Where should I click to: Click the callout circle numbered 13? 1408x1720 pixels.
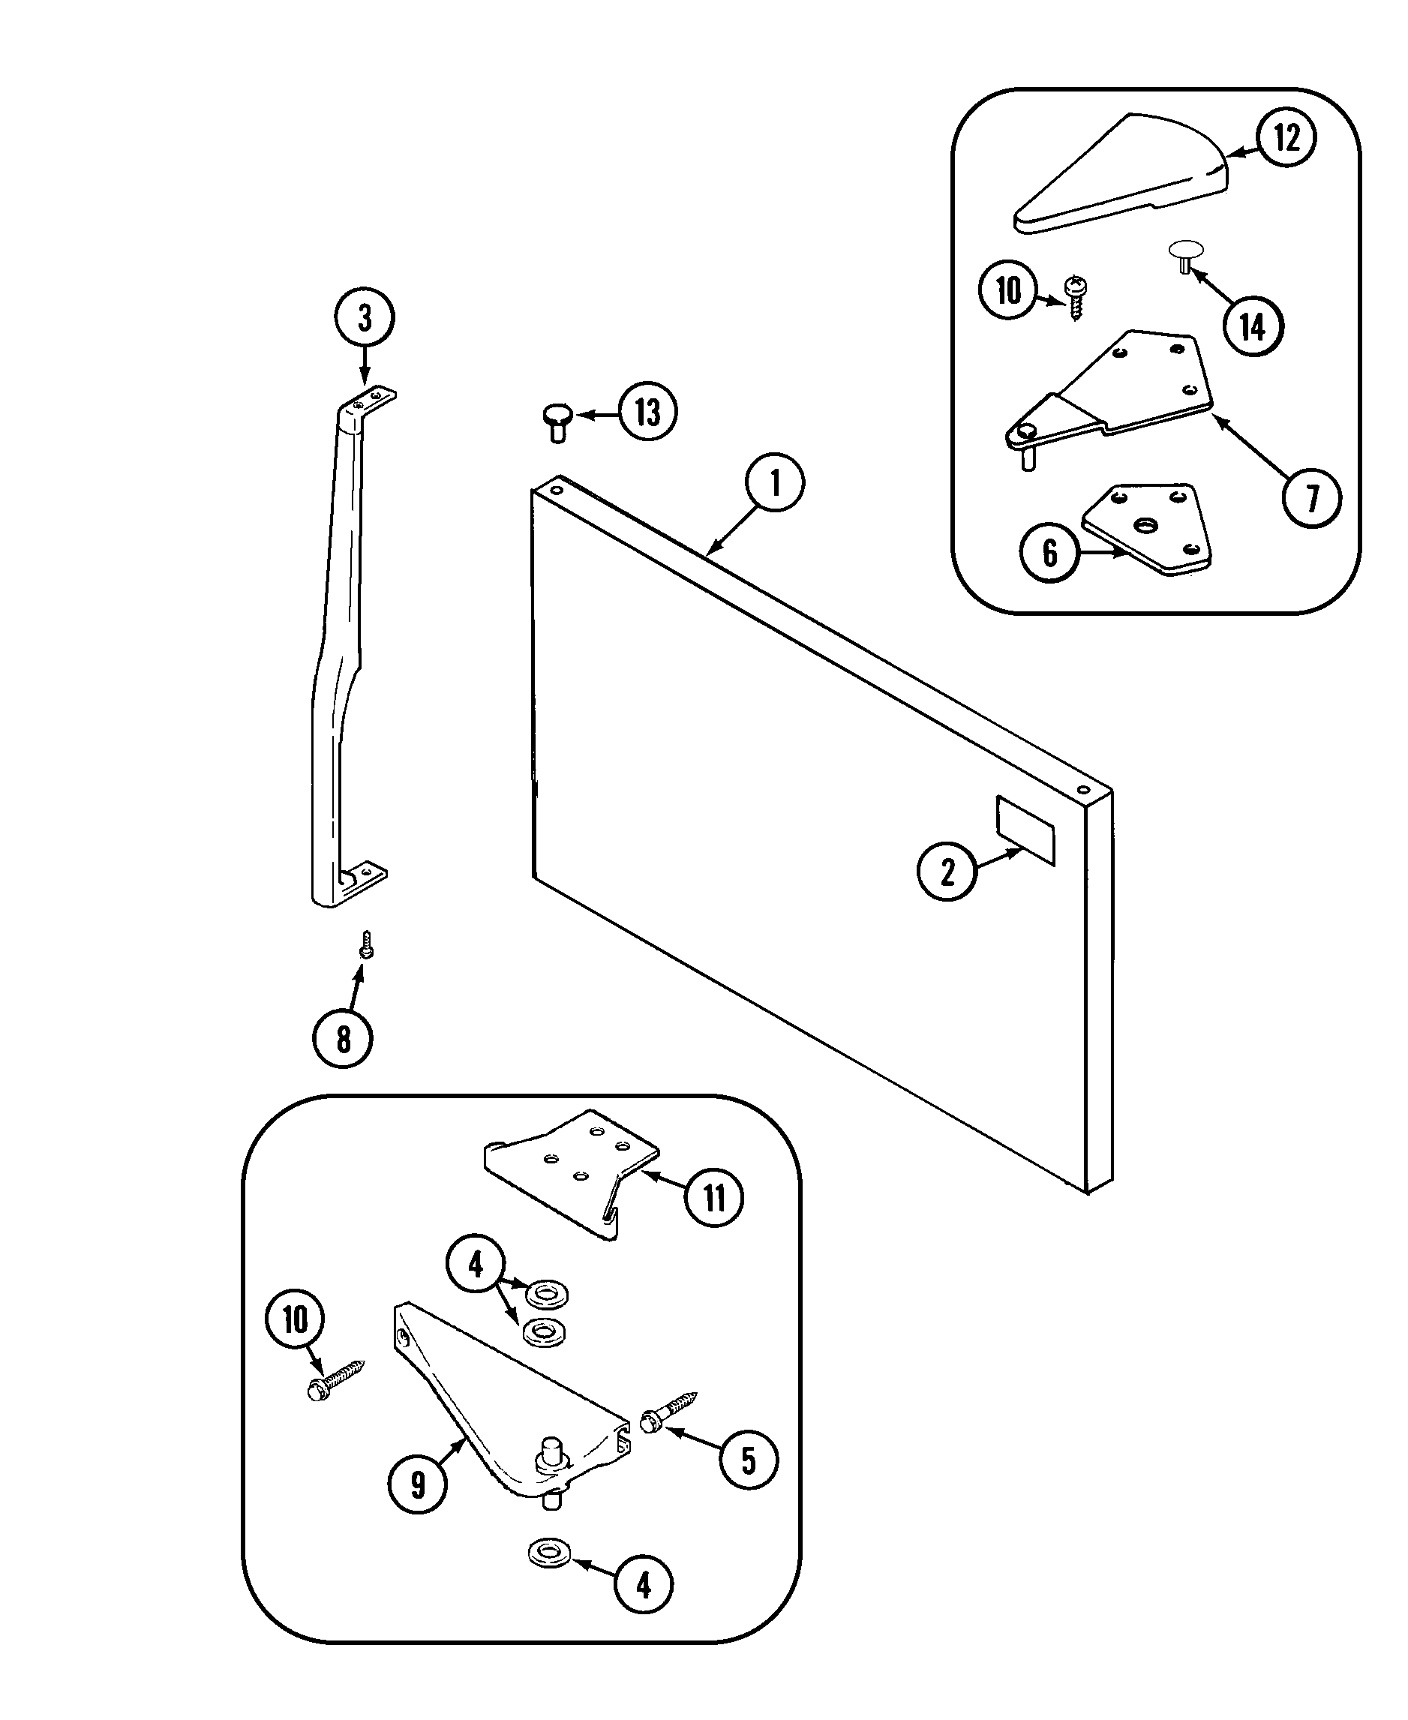pyautogui.click(x=647, y=413)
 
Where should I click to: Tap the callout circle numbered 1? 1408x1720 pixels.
pyautogui.click(x=775, y=483)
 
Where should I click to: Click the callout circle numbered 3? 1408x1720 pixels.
pyautogui.click(x=364, y=317)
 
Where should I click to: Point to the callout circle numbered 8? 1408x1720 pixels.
pyautogui.click(x=342, y=1038)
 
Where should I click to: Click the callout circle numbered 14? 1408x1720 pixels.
pyautogui.click(x=1253, y=327)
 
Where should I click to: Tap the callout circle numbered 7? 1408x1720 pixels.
pyautogui.click(x=1311, y=499)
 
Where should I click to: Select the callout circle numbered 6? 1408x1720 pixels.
pyautogui.click(x=1049, y=553)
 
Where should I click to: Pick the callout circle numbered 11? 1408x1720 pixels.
pyautogui.click(x=713, y=1197)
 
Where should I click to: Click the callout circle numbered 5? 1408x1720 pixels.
pyautogui.click(x=748, y=1460)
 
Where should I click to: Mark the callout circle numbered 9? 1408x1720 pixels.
pyautogui.click(x=417, y=1484)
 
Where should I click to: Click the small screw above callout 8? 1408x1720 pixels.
pyautogui.click(x=367, y=944)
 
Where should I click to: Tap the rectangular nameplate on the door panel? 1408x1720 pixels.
pyautogui.click(x=1025, y=830)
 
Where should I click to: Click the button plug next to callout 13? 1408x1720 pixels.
pyautogui.click(x=557, y=421)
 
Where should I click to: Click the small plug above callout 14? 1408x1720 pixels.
pyautogui.click(x=1186, y=254)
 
